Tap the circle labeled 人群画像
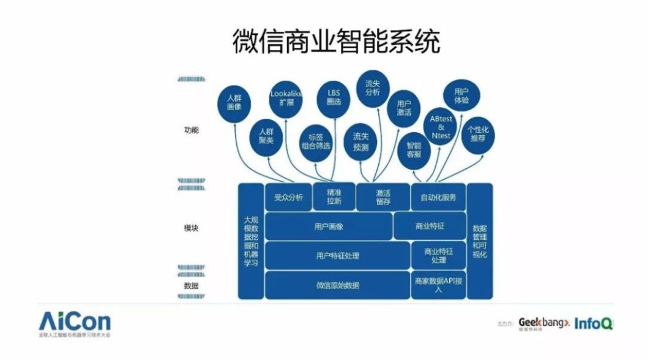234,102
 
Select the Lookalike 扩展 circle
286,98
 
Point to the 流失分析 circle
373,88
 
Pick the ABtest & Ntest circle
440,127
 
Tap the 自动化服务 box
438,197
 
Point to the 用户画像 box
329,227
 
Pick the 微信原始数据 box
337,285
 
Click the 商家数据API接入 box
438,285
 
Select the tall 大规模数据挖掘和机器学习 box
251,241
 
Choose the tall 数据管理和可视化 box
480,241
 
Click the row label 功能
191,130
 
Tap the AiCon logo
75,323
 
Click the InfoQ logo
593,323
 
